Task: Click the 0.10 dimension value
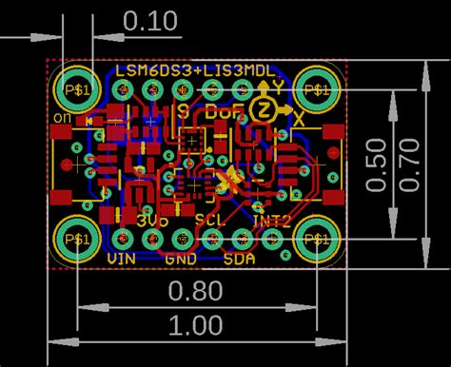[150, 20]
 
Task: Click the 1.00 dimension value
[196, 325]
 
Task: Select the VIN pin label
[121, 258]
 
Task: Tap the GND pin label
[181, 258]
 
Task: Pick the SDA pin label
[240, 258]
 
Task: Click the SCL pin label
[210, 220]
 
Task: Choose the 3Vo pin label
[152, 220]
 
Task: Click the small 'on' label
[64, 117]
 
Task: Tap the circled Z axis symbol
[264, 110]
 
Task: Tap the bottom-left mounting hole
[75, 238]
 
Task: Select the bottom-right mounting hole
[315, 238]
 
